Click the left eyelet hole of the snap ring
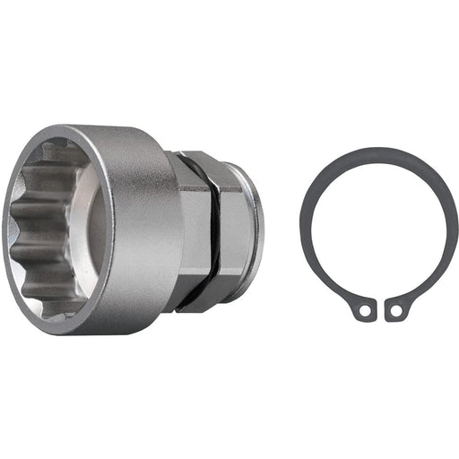click(362, 311)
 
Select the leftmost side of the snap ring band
click(305, 229)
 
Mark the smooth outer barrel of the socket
click(143, 229)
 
